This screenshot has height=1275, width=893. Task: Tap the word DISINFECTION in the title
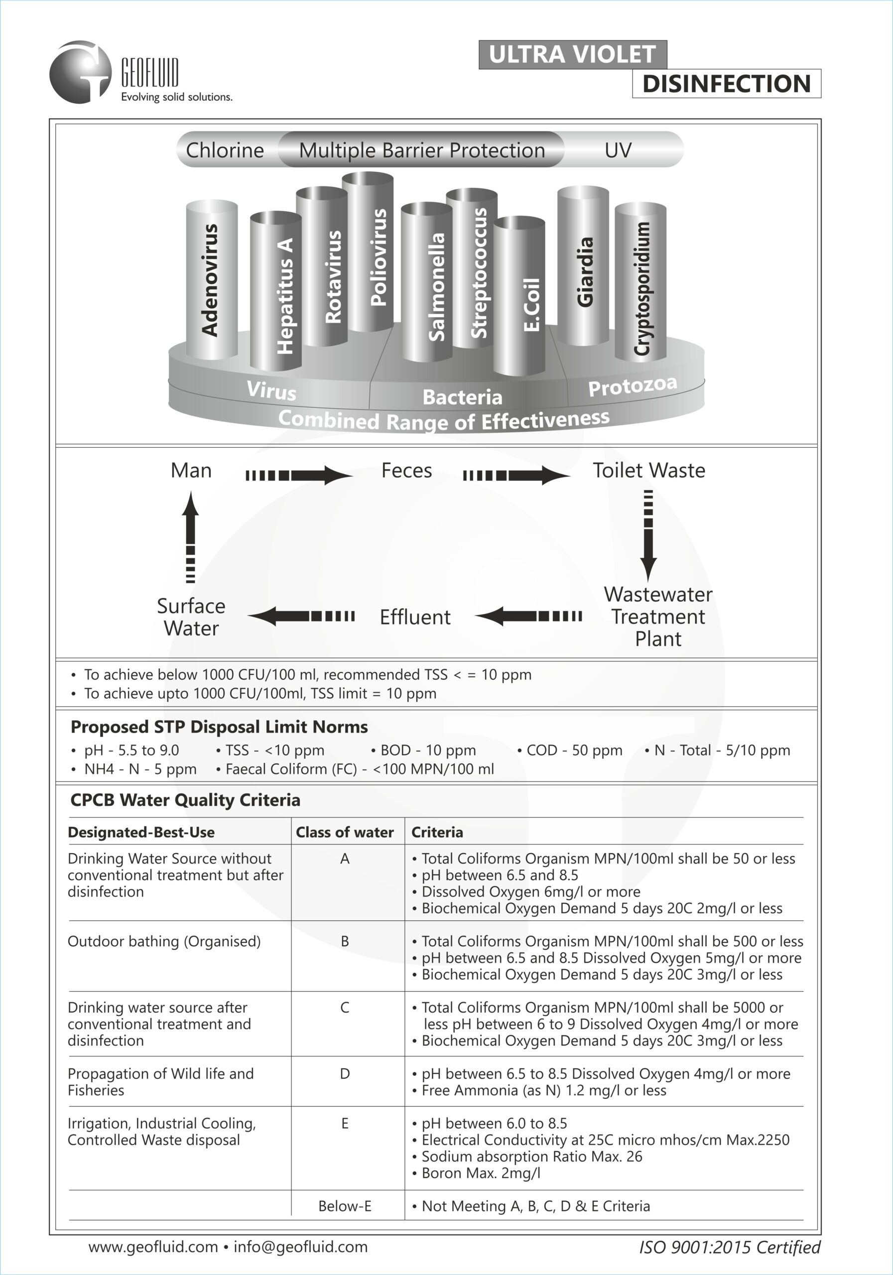[726, 84]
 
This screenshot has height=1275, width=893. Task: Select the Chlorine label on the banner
[225, 150]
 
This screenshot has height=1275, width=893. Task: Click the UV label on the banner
[618, 150]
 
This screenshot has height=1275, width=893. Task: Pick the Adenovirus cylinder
[212, 280]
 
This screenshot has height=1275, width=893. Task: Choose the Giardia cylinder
[583, 266]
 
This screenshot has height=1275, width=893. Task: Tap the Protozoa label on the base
[633, 386]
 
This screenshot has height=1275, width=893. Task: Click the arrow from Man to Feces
[299, 475]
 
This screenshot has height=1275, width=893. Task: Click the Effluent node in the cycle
[415, 617]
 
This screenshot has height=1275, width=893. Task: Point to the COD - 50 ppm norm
[574, 750]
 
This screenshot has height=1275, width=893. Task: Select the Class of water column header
[344, 832]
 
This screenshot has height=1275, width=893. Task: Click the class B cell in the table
[345, 941]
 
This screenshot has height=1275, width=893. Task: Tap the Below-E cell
[345, 1206]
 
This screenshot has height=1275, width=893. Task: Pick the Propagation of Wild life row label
[160, 1081]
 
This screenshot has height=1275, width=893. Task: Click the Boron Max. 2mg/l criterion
[481, 1173]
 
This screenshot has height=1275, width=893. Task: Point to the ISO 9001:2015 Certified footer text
[729, 1247]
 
